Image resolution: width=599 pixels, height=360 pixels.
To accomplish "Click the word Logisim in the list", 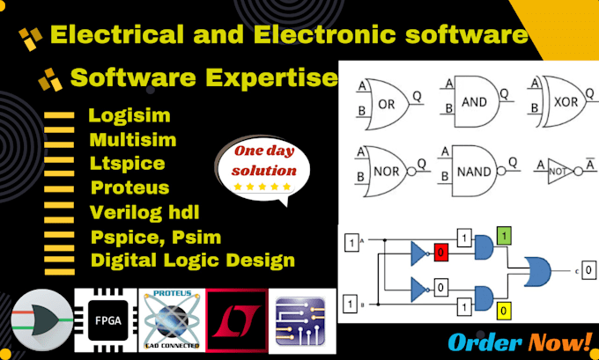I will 129,115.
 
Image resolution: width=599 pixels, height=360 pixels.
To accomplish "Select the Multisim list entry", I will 132,139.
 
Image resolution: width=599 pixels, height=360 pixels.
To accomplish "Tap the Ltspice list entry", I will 127,163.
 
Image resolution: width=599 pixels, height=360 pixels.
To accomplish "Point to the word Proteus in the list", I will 129,187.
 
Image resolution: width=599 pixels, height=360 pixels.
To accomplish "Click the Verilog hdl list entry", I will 144,212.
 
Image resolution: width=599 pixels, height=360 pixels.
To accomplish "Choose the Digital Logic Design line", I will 192,260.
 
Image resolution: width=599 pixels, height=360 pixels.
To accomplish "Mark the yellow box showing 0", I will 503,309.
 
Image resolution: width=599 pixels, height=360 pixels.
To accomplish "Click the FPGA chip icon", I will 103,316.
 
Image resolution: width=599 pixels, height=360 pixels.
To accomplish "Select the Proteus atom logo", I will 171,316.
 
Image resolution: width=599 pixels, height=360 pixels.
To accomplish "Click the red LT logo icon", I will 236,316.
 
